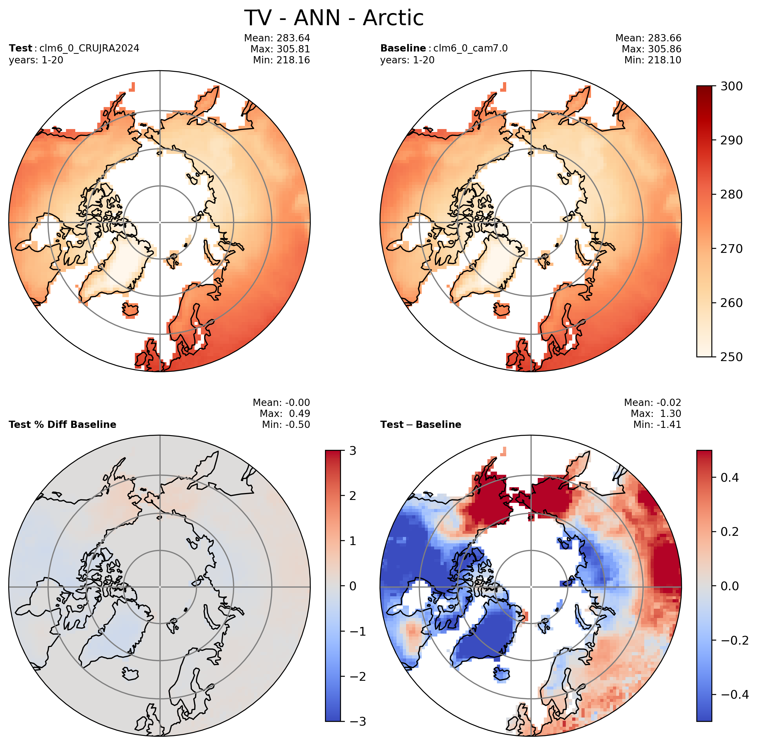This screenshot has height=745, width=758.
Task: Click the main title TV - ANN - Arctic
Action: [334, 18]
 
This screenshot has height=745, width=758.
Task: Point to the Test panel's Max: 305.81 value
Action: [280, 49]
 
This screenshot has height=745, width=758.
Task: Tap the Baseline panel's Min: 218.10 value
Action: [652, 60]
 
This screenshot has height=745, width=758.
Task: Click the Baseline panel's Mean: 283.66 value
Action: [648, 38]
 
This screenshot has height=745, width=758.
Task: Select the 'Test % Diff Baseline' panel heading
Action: [63, 424]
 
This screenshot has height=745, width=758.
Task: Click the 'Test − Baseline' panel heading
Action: [421, 424]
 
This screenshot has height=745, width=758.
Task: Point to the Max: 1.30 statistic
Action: [656, 414]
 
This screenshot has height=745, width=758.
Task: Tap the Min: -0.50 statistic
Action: [286, 424]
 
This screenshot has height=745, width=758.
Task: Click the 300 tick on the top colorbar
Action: [731, 86]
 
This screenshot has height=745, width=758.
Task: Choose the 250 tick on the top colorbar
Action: [731, 357]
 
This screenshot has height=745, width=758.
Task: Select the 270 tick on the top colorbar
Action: [731, 249]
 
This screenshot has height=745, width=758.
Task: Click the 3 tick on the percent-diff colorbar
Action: [353, 451]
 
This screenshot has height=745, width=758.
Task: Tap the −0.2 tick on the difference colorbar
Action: [735, 640]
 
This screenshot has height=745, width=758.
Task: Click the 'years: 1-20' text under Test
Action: [36, 60]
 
